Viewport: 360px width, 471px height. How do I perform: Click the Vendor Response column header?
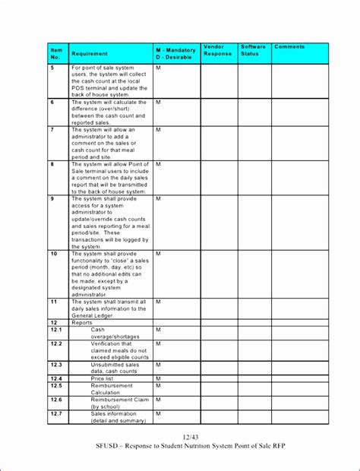[218, 50]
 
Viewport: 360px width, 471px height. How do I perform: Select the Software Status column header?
[254, 50]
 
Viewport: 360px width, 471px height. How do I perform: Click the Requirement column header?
[90, 54]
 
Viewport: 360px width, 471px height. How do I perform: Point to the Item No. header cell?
[55, 53]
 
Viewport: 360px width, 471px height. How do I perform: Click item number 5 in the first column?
[52, 68]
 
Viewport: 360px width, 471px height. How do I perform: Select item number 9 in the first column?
[52, 198]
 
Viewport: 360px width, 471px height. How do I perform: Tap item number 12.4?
[56, 378]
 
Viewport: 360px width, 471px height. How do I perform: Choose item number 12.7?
[56, 413]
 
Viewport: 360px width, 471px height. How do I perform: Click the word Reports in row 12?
[81, 322]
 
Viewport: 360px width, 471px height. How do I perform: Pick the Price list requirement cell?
[103, 378]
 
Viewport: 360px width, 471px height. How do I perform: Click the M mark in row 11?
[158, 302]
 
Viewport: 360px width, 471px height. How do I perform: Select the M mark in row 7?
[158, 130]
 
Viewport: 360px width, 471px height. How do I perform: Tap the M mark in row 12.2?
[158, 343]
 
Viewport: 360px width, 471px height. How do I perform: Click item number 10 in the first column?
[54, 254]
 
